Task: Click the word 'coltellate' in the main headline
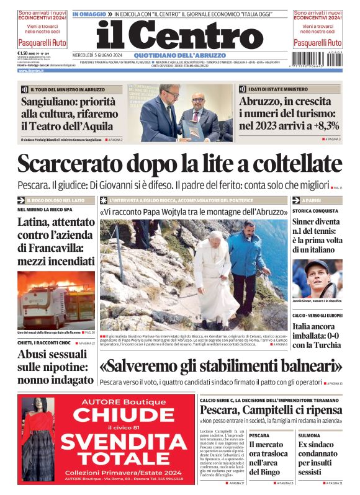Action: pos(291,164)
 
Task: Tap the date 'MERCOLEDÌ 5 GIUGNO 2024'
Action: pos(100,55)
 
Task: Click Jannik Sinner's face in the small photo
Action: pos(318,274)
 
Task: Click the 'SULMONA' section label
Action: pos(310,435)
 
